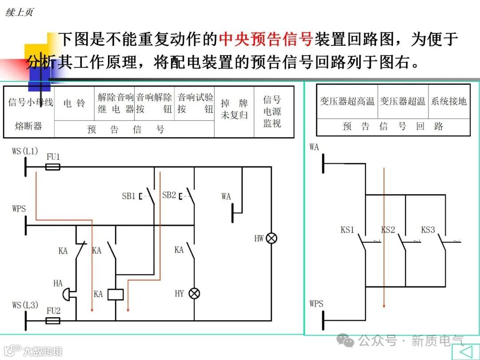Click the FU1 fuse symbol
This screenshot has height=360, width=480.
[x=53, y=167]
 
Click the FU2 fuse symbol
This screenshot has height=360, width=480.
[x=53, y=320]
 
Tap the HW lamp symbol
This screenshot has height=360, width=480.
[x=271, y=238]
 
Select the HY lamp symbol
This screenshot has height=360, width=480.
[x=194, y=293]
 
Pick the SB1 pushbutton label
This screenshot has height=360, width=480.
[x=128, y=196]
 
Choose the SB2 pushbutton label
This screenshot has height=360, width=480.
[x=169, y=195]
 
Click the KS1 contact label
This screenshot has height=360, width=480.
[x=347, y=230]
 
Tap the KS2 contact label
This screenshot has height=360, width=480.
[x=388, y=230]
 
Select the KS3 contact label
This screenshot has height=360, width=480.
[x=428, y=230]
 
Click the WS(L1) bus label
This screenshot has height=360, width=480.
[x=25, y=151]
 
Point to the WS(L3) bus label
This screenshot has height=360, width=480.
[x=25, y=305]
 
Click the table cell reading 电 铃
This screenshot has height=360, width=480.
[x=74, y=103]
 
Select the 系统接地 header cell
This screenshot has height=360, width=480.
[x=449, y=101]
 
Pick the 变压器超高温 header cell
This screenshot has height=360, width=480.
[x=347, y=101]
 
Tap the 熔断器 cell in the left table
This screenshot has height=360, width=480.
[x=28, y=126]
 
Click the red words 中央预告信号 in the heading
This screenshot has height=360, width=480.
[x=266, y=39]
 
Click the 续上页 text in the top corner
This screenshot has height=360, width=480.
[x=19, y=12]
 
